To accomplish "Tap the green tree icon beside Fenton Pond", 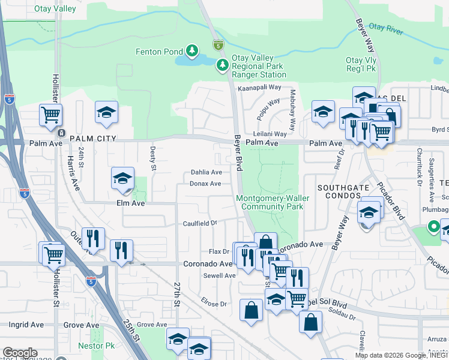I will pyautogui.click(x=192, y=52).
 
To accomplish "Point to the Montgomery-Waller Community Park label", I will pyautogui.click(x=271, y=202).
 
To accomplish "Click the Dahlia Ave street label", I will pyautogui.click(x=206, y=172).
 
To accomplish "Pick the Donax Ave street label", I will pyautogui.click(x=205, y=183).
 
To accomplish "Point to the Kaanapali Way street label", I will pyautogui.click(x=259, y=87).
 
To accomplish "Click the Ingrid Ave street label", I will pyautogui.click(x=26, y=325).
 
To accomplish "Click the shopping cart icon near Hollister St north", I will pyautogui.click(x=50, y=114).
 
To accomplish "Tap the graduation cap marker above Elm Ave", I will pyautogui.click(x=122, y=178).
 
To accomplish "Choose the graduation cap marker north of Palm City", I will pyautogui.click(x=106, y=112).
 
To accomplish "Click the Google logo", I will pyautogui.click(x=20, y=353).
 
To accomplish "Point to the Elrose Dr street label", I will pyautogui.click(x=214, y=304).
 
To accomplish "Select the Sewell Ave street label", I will pyautogui.click(x=219, y=275).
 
